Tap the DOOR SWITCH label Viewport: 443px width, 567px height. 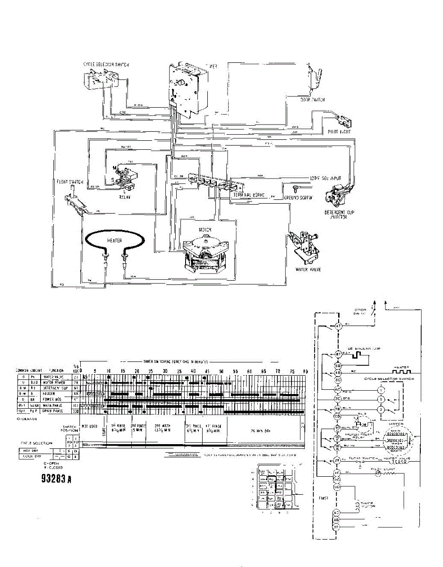point(312,100)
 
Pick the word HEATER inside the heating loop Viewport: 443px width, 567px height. point(115,241)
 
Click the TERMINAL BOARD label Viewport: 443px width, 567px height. point(249,195)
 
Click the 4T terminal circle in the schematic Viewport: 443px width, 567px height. point(338,326)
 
